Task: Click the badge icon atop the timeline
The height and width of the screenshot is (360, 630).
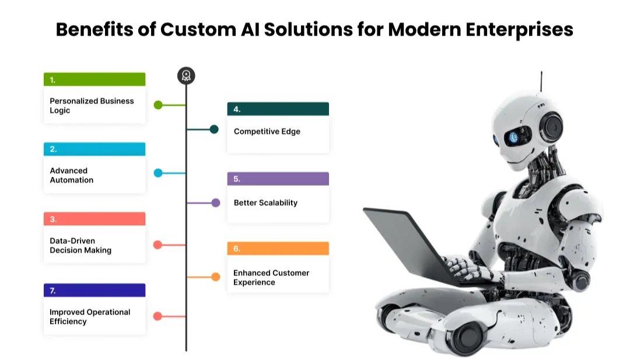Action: pyautogui.click(x=186, y=75)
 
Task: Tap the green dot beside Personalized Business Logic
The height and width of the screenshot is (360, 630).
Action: pyautogui.click(x=158, y=105)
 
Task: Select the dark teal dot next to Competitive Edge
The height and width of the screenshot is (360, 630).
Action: pyautogui.click(x=214, y=130)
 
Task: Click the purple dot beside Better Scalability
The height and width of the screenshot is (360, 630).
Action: pyautogui.click(x=215, y=203)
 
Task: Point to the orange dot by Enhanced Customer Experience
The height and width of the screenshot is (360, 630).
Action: pyautogui.click(x=215, y=277)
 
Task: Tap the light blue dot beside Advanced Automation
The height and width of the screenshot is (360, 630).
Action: pyautogui.click(x=158, y=173)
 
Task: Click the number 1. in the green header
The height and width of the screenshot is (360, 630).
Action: pyautogui.click(x=52, y=80)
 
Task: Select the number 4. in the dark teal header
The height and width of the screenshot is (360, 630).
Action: pyautogui.click(x=237, y=109)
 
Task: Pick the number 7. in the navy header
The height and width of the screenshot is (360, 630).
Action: pyautogui.click(x=52, y=291)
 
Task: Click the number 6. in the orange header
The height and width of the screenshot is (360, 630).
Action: pyautogui.click(x=237, y=249)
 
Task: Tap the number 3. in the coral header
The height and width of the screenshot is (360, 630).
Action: pyautogui.click(x=52, y=219)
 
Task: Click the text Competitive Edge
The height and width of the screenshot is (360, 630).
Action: pyautogui.click(x=267, y=131)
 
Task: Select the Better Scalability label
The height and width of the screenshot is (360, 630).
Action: pyautogui.click(x=265, y=203)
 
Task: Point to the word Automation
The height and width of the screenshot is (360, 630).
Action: pyautogui.click(x=71, y=180)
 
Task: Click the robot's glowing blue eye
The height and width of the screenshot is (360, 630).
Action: pyautogui.click(x=513, y=138)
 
